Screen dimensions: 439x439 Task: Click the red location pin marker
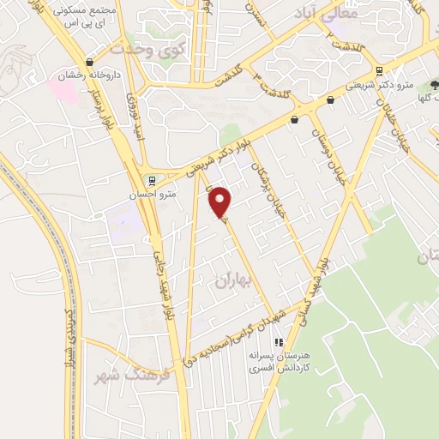coord(221,202)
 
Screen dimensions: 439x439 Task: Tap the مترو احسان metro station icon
coord(152,182)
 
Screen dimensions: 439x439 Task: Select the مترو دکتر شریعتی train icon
coord(379,71)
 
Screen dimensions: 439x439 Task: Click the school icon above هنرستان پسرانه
coord(278,342)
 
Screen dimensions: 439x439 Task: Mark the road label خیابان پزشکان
coord(273,198)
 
